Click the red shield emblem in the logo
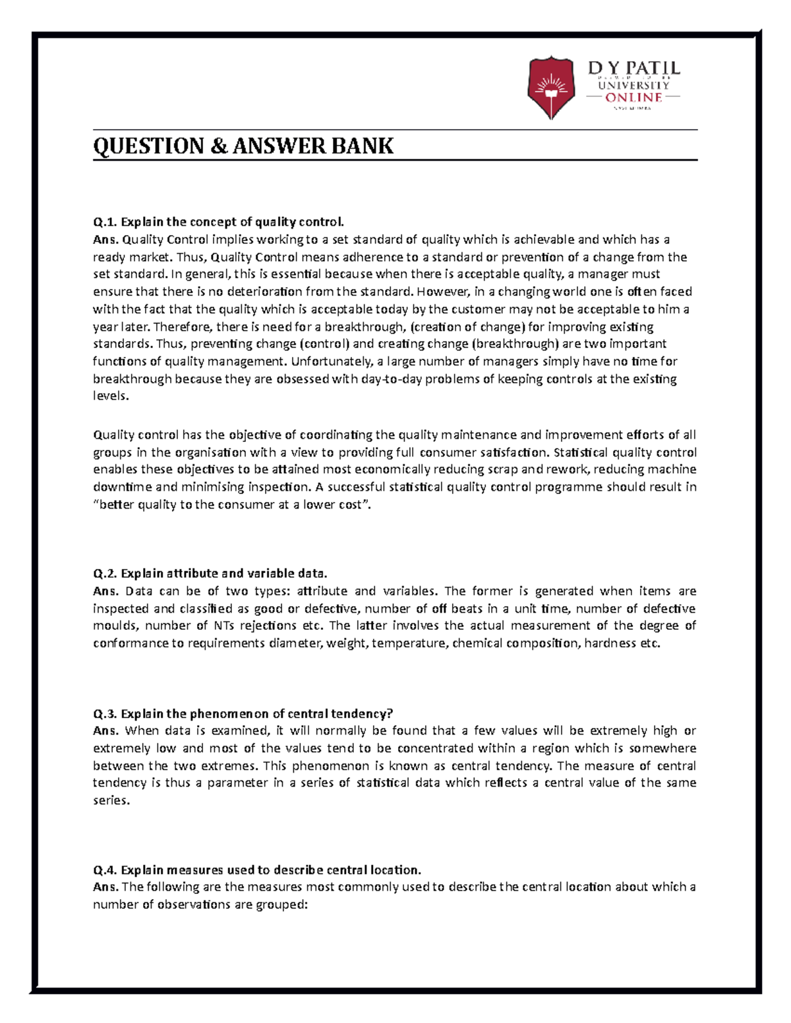(x=550, y=87)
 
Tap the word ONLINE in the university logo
(x=633, y=97)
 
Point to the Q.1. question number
(x=105, y=222)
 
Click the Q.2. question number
(x=105, y=573)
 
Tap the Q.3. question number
(x=105, y=713)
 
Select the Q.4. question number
(x=105, y=870)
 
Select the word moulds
(x=112, y=626)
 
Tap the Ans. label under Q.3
(x=105, y=731)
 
